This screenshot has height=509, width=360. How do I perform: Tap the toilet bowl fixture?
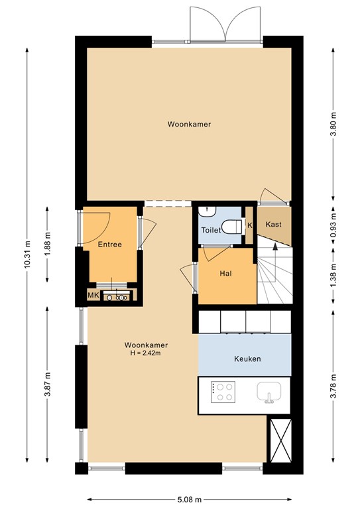point(231,227)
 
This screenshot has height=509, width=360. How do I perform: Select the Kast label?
point(273,225)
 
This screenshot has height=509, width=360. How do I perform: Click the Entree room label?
point(109,245)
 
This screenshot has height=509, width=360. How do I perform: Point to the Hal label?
point(225,273)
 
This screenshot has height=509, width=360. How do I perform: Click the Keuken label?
point(247,359)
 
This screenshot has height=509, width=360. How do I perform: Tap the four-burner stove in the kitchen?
point(222,392)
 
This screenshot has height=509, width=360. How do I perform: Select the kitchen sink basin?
point(270,392)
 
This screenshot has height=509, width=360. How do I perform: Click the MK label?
point(93,296)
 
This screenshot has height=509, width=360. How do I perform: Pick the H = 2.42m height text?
point(145,353)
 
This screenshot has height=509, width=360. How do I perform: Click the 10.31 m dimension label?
point(27,253)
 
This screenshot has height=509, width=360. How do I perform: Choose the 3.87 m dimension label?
point(47,385)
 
